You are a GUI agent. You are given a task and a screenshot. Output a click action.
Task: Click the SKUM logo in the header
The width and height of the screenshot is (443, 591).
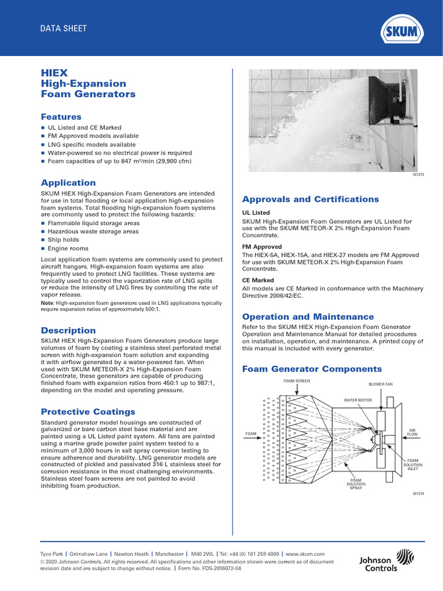click(403, 29)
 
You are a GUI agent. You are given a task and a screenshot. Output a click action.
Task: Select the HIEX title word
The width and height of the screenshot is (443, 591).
click(54, 73)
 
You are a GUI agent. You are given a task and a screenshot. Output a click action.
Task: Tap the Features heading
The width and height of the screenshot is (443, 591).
click(61, 117)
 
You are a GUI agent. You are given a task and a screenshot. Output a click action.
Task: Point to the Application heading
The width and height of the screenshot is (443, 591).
click(68, 182)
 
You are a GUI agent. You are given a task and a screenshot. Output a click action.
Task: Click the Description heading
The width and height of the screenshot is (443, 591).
click(68, 330)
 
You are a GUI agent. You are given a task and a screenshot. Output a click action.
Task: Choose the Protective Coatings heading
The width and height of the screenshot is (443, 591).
click(88, 412)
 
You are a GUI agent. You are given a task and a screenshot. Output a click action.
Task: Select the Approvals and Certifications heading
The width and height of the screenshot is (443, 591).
click(310, 199)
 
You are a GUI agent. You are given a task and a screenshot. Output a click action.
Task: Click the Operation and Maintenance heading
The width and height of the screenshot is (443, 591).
click(307, 317)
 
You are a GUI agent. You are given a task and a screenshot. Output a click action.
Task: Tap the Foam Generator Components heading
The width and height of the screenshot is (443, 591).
click(311, 369)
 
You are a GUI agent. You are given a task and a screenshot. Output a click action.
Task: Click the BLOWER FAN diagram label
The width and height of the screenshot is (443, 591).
click(380, 384)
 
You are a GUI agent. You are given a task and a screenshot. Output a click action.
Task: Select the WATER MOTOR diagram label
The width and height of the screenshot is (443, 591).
click(358, 399)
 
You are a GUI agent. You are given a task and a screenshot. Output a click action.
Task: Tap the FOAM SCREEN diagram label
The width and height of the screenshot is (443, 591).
click(296, 381)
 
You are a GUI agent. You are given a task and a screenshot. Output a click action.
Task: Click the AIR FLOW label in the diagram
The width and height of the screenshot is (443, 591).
click(412, 432)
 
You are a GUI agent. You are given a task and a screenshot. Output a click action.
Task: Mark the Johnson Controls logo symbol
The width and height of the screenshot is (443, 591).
click(407, 558)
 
